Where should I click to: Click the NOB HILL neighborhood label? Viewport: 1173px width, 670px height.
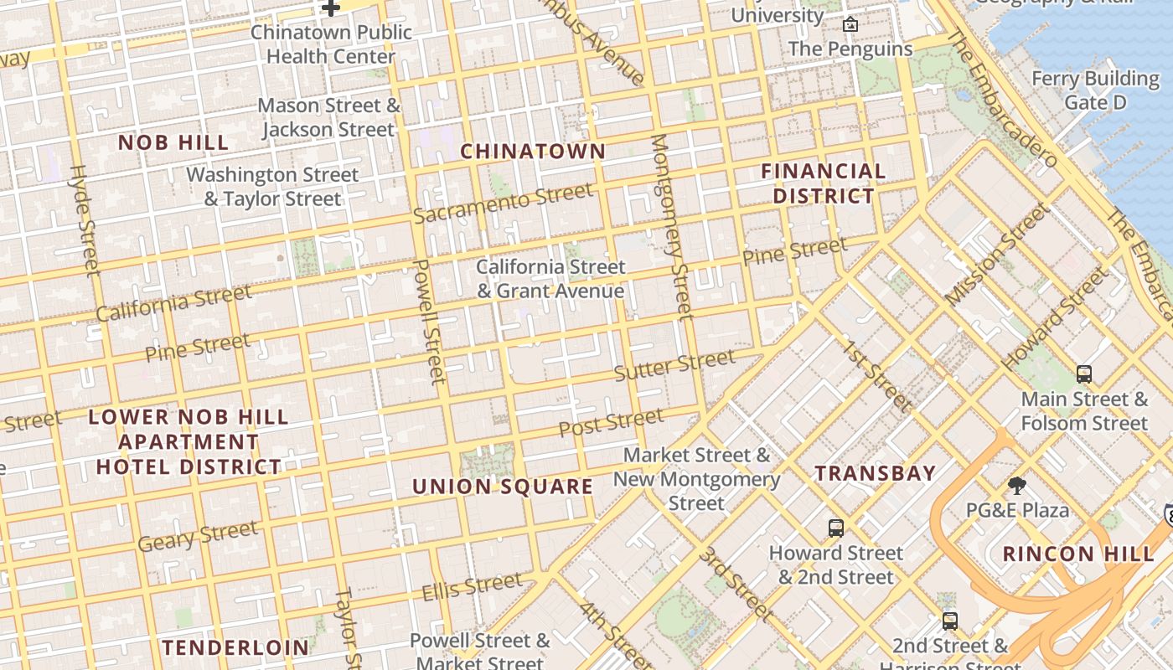[x=173, y=142]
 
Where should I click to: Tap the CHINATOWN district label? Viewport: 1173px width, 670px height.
[x=533, y=152]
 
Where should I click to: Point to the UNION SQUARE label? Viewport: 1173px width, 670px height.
[x=503, y=487]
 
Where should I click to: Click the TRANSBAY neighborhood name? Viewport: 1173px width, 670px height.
[x=876, y=473]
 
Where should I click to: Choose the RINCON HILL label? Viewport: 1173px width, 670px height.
[x=1078, y=554]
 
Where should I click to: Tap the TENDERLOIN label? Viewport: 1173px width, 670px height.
[x=235, y=647]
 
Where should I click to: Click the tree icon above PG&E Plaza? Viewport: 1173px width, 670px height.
[x=1017, y=485]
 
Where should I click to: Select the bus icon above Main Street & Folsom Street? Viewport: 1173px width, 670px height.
[x=1084, y=374]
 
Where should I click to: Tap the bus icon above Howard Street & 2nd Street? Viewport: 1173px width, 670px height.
[x=835, y=528]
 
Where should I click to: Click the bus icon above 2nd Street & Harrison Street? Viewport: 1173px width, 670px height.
[x=949, y=621]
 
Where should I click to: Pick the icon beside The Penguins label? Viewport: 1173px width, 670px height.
[x=850, y=24]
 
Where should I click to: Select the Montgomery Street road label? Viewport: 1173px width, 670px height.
[x=673, y=226]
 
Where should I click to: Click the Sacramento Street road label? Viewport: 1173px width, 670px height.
[x=503, y=204]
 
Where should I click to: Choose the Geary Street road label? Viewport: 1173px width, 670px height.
[x=198, y=536]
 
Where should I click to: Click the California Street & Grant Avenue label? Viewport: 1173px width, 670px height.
[x=550, y=279]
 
